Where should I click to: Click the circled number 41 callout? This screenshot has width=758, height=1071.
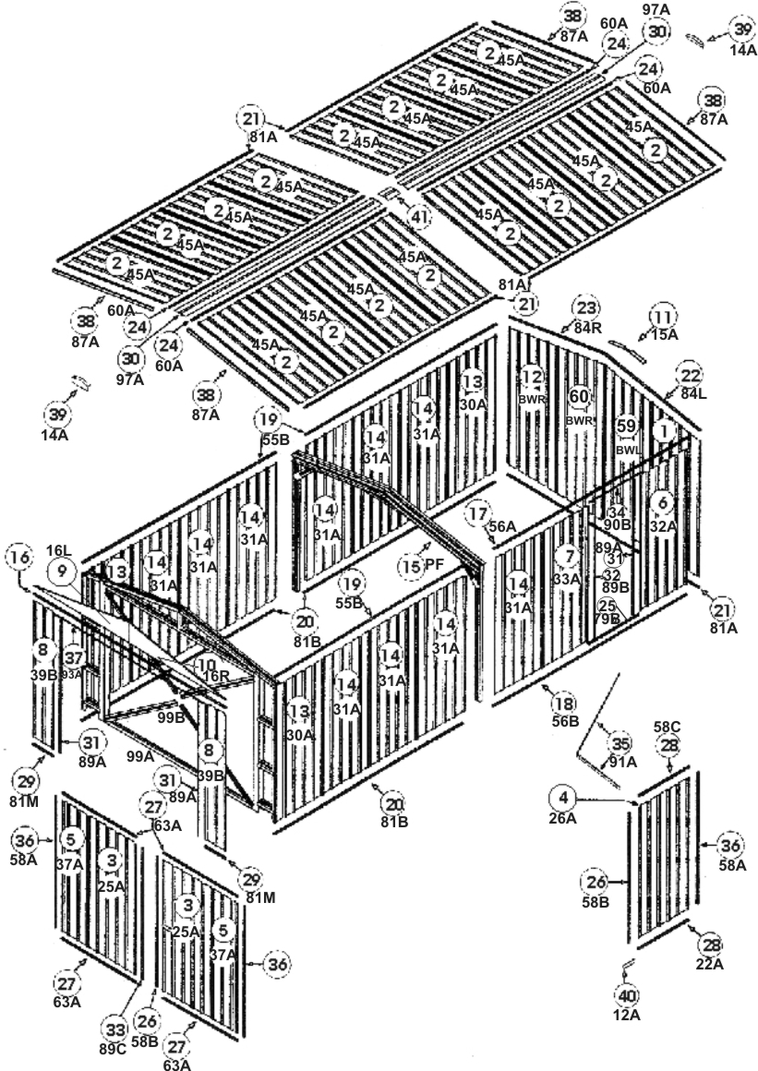(x=420, y=217)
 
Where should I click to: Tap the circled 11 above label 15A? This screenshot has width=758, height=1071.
(x=662, y=315)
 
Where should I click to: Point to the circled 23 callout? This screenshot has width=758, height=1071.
(x=587, y=308)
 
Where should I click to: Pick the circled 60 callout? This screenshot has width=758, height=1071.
(x=579, y=396)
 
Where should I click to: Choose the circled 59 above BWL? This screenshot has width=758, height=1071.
(x=627, y=427)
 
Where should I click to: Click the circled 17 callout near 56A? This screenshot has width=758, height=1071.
(x=477, y=513)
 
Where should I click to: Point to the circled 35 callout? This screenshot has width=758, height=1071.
(x=620, y=743)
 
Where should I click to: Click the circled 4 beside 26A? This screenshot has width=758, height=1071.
(x=562, y=795)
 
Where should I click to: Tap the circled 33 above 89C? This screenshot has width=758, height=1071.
(x=115, y=1029)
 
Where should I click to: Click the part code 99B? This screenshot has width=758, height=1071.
(x=170, y=716)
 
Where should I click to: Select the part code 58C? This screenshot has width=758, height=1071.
(x=668, y=728)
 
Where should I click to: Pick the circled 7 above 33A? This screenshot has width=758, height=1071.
(x=565, y=556)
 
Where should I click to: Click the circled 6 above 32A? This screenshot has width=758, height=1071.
(x=662, y=502)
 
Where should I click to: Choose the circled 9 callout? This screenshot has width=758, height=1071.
(x=63, y=572)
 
